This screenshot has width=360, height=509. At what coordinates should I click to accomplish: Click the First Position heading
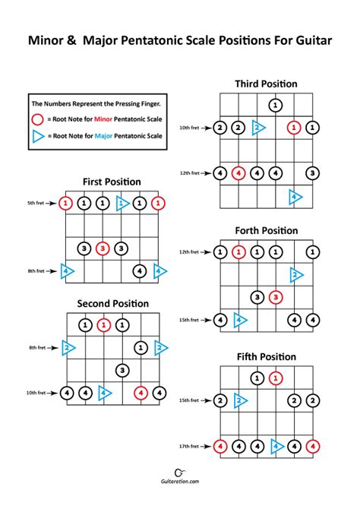(x=112, y=182)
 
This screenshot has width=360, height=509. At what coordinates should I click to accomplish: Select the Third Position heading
(x=266, y=84)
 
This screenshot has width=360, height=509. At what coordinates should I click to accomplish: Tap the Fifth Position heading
(x=266, y=356)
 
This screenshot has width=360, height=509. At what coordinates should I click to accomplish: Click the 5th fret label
(x=36, y=204)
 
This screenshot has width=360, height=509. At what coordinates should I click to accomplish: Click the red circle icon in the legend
(x=39, y=120)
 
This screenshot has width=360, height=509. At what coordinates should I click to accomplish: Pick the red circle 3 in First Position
(x=103, y=248)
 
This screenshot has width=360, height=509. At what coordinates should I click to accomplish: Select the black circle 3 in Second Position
(x=122, y=370)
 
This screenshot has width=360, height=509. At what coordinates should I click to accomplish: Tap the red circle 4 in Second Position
(x=141, y=393)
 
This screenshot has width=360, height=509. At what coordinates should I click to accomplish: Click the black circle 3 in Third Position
(x=312, y=173)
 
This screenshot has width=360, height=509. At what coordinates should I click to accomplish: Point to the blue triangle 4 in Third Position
(x=295, y=197)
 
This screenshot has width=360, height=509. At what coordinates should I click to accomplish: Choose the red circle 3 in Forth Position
(x=276, y=297)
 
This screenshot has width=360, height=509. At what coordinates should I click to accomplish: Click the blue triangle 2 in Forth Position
(x=295, y=275)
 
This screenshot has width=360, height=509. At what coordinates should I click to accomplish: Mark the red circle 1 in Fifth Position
(x=276, y=378)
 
